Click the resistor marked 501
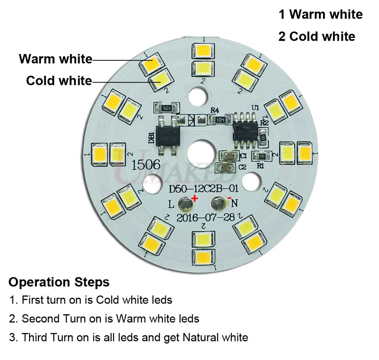click(x=166, y=108)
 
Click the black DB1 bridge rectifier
click(x=168, y=135)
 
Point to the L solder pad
click(x=184, y=204)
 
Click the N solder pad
click(x=218, y=204)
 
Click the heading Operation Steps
click(x=59, y=282)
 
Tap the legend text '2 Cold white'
click(x=317, y=37)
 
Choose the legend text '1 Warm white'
click(x=321, y=15)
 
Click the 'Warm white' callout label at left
click(x=55, y=59)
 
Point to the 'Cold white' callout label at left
click(x=59, y=81)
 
